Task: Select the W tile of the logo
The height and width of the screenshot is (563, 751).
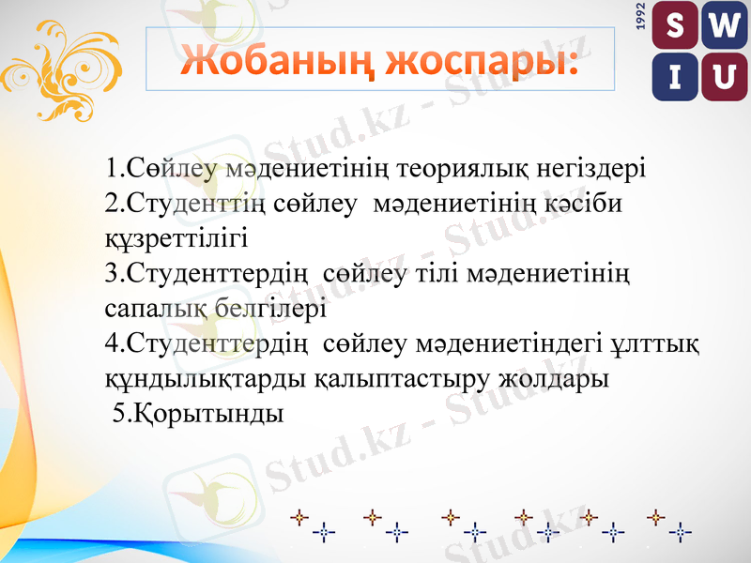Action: pos(721,27)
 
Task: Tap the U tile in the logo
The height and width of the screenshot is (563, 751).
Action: pos(721,77)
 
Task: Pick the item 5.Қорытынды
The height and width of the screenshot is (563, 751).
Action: pos(197,413)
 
